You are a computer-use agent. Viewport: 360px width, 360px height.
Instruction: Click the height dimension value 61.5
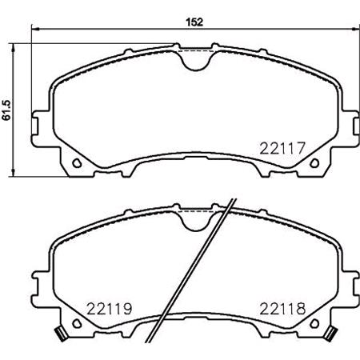[x=7, y=110]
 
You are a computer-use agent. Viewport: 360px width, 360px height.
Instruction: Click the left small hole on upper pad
[x=78, y=165]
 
